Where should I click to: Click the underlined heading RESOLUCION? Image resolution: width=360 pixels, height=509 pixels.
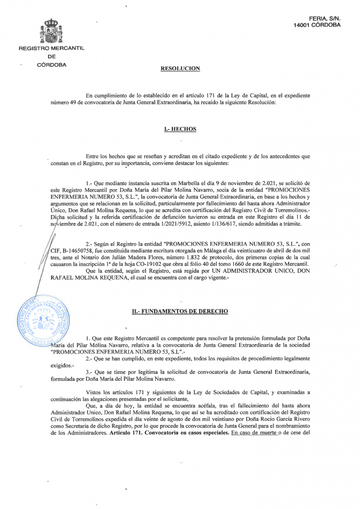[180, 69]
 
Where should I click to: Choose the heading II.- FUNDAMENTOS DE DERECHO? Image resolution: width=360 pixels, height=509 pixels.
[180, 311]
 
